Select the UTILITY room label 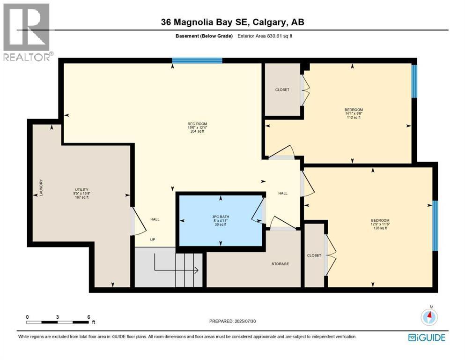[x=82, y=193]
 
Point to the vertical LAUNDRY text [x=41, y=188]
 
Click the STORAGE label [x=280, y=264]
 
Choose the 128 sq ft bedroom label [x=380, y=224]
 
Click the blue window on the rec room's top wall [x=197, y=60]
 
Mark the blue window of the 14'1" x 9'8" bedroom [x=414, y=81]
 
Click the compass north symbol [x=429, y=316]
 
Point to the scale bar [x=58, y=322]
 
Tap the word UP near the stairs [x=153, y=240]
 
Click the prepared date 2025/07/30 [x=233, y=321]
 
